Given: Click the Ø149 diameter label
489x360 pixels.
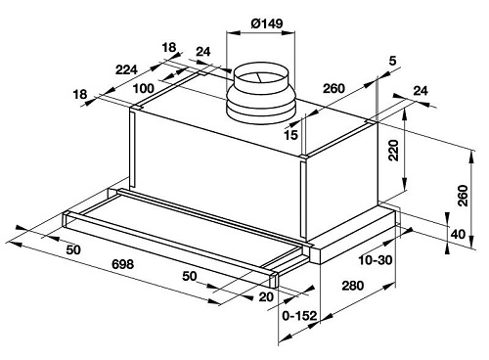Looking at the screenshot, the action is pyautogui.click(x=267, y=23).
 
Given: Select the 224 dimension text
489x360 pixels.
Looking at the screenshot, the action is pyautogui.click(x=127, y=69).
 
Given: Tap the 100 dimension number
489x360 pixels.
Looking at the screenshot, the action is pyautogui.click(x=144, y=88).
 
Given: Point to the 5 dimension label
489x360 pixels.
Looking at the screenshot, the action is pyautogui.click(x=392, y=61).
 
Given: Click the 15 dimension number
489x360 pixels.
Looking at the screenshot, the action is pyautogui.click(x=290, y=135).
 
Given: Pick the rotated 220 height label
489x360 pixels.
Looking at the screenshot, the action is pyautogui.click(x=394, y=151).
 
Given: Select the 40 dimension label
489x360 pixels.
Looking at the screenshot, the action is pyautogui.click(x=458, y=234).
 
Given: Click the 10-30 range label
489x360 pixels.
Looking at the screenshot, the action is pyautogui.click(x=376, y=260).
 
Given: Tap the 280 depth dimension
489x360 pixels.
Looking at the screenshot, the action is pyautogui.click(x=352, y=286).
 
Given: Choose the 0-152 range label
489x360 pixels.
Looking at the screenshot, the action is pyautogui.click(x=299, y=316).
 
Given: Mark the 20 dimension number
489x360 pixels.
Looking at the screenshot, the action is pyautogui.click(x=266, y=297).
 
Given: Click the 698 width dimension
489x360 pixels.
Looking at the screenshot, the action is pyautogui.click(x=122, y=264).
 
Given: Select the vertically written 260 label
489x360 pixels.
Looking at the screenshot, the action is pyautogui.click(x=463, y=196).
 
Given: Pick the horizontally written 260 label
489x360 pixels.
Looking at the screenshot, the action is pyautogui.click(x=333, y=88).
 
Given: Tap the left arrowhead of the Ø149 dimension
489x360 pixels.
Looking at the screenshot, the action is pyautogui.click(x=233, y=33).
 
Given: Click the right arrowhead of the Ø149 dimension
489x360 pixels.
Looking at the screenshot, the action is pyautogui.click(x=289, y=33).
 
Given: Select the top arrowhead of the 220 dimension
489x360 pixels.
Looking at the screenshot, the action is pyautogui.click(x=404, y=114).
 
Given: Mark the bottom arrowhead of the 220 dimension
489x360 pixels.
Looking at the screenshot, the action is pyautogui.click(x=404, y=184).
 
